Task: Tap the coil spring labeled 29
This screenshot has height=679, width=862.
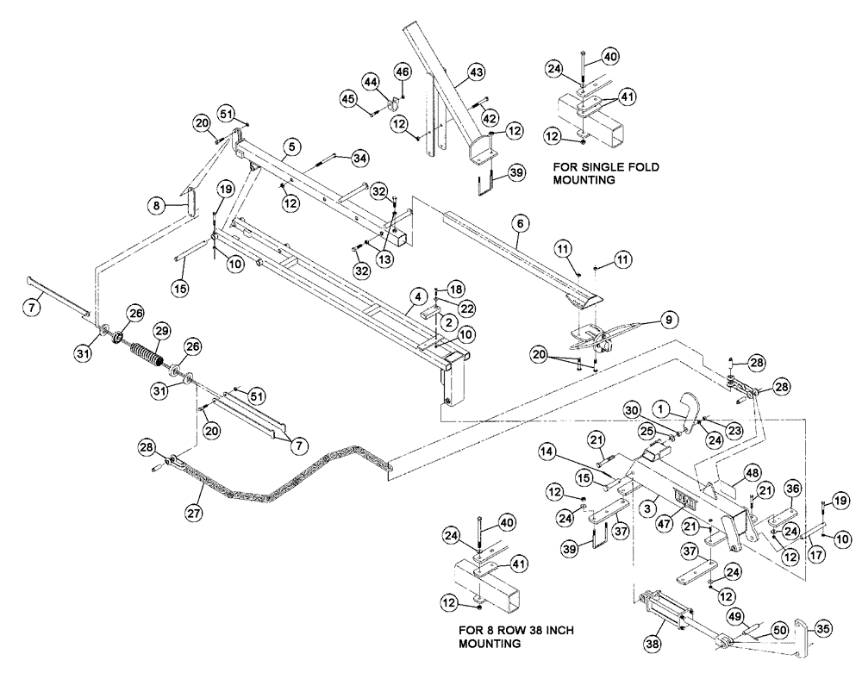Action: (x=148, y=353)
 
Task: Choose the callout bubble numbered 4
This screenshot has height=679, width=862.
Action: (x=416, y=296)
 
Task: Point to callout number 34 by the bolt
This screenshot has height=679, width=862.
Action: (x=359, y=157)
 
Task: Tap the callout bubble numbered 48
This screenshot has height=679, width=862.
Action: (x=751, y=472)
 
